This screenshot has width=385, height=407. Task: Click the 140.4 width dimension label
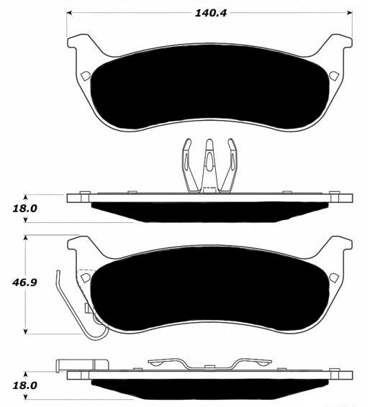click(211, 13)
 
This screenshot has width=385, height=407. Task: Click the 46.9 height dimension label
click(24, 283)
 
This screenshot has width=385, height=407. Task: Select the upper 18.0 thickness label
click(25, 209)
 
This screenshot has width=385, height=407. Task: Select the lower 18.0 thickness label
click(25, 385)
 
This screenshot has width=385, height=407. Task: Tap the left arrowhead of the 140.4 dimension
click(69, 12)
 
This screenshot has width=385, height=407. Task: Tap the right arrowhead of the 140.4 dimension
click(350, 12)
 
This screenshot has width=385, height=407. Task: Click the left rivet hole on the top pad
click(86, 76)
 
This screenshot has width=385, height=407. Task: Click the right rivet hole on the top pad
click(334, 76)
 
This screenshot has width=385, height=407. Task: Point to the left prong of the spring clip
click(189, 166)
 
